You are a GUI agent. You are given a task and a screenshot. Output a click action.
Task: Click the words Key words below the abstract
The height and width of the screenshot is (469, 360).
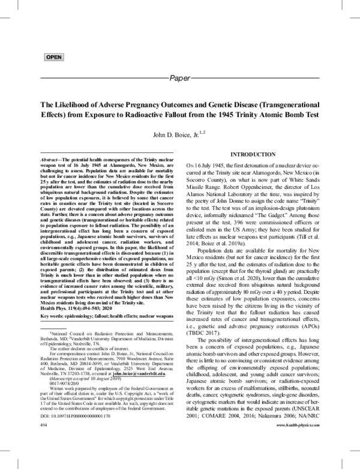(x=55, y=281)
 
